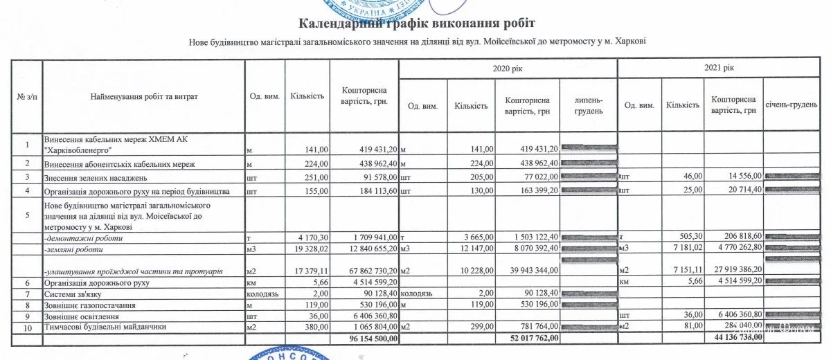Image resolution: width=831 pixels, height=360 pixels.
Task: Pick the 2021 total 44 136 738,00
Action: tap(735, 339)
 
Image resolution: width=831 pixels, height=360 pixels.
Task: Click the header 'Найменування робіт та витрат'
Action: tap(144, 97)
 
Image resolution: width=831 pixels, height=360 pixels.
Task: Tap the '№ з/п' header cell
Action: tap(26, 97)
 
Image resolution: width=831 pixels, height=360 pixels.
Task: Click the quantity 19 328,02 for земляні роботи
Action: tap(308, 248)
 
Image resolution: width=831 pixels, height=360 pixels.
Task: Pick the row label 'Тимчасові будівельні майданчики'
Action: tap(107, 327)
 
